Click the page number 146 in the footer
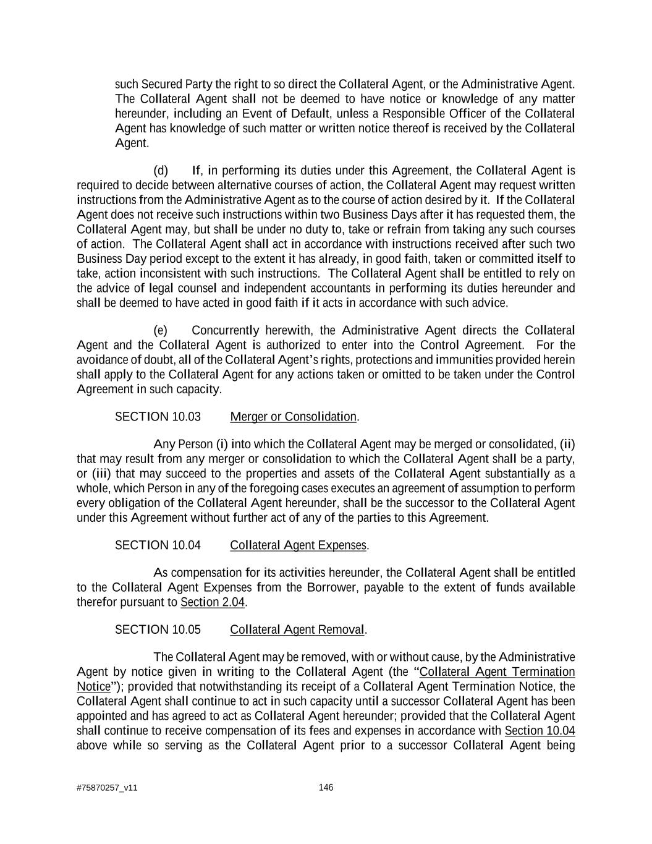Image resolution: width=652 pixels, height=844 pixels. tap(326, 787)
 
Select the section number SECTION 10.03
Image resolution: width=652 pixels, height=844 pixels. tap(158, 417)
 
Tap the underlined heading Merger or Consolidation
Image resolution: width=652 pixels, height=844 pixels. tap(293, 417)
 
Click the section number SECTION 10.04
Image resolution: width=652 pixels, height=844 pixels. tap(158, 545)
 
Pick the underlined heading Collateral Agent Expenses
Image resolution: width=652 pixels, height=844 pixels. tap(298, 545)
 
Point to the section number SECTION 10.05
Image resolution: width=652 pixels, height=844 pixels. tap(158, 629)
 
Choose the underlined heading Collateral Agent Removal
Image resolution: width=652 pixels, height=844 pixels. tap(297, 629)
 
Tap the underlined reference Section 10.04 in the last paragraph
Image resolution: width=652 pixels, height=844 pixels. tap(540, 731)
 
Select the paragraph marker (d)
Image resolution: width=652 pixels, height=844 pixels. tap(161, 171)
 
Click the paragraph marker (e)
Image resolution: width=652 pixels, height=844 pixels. tap(161, 330)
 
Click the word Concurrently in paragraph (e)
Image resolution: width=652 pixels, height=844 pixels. tap(226, 330)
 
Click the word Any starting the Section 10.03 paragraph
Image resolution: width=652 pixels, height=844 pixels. tap(164, 445)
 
